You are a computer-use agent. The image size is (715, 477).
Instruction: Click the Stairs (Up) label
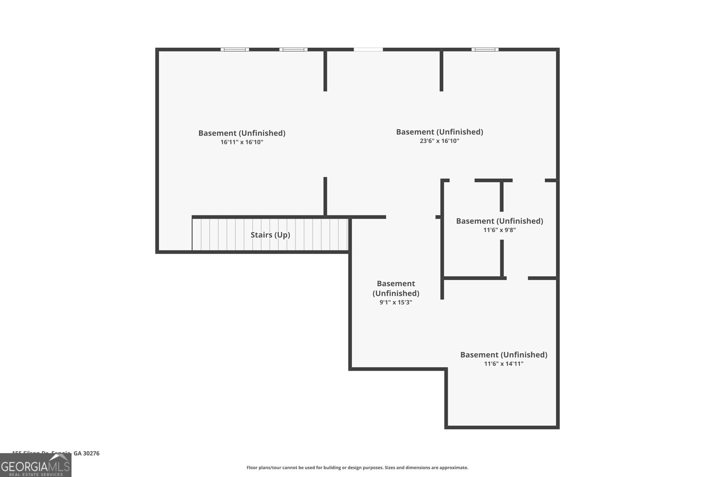click(270, 235)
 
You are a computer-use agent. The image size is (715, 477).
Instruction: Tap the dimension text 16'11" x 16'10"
click(242, 142)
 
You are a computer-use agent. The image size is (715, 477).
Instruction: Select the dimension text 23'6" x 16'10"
click(440, 141)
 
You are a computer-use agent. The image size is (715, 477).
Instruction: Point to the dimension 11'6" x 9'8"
click(499, 230)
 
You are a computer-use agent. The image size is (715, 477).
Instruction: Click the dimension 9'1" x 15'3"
click(395, 302)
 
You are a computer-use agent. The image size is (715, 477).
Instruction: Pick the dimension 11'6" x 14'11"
click(504, 363)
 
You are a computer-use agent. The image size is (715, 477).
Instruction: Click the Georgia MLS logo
click(35, 466)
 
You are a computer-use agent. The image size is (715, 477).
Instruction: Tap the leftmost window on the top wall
click(235, 49)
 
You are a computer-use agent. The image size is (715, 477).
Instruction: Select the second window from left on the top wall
click(293, 49)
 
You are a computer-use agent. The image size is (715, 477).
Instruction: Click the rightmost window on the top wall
click(485, 49)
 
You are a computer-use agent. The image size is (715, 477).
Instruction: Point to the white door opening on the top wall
click(368, 49)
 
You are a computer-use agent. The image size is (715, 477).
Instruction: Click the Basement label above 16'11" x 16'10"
click(242, 133)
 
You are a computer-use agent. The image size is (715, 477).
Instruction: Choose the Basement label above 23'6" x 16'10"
click(439, 131)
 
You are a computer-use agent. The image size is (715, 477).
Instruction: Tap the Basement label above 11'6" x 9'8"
click(499, 221)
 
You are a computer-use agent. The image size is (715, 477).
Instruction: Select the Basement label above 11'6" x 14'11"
click(504, 355)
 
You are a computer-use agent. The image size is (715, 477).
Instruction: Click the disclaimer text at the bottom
click(357, 468)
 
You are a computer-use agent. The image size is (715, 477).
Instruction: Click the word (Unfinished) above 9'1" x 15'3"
click(395, 293)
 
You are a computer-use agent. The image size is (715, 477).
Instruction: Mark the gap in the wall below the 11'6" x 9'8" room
click(517, 278)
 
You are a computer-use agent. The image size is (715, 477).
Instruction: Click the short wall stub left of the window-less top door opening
click(325, 71)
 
